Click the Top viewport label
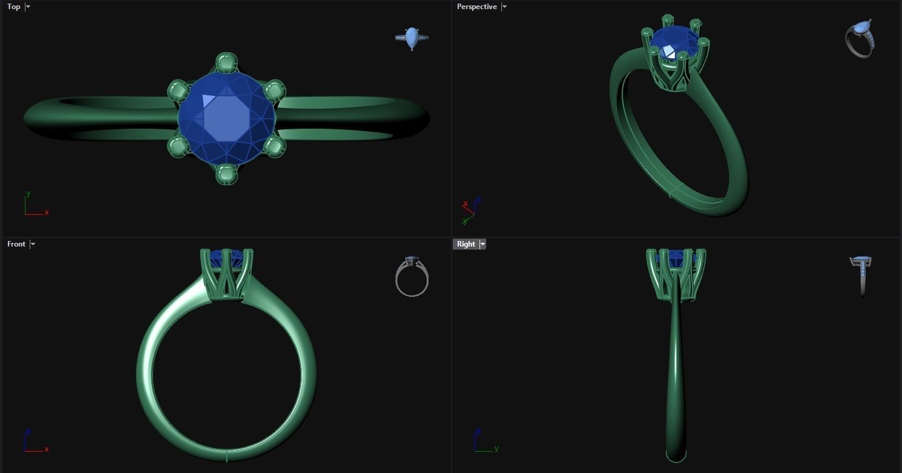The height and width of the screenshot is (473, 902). point(13,7)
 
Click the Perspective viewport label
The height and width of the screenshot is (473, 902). point(476,7)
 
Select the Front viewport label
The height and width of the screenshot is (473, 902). point(16,244)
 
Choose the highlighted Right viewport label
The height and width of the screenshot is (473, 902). point(466,244)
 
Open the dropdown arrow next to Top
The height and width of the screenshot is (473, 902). point(28,7)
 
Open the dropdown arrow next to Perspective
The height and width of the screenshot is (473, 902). point(504,7)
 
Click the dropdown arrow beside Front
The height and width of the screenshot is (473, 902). point(33,244)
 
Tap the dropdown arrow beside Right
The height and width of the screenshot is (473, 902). point(483,244)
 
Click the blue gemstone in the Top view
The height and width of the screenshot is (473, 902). point(226,118)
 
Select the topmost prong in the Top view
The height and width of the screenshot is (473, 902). point(226,63)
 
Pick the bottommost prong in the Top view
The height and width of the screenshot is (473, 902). point(226,175)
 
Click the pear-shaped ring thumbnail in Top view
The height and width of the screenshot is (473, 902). point(412,38)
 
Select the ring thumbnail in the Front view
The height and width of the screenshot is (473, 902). point(412,276)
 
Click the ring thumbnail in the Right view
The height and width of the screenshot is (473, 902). point(861,275)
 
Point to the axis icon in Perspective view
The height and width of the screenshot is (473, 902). point(469,210)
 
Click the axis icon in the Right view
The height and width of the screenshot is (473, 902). point(484,441)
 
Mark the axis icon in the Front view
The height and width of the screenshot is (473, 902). point(34,441)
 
